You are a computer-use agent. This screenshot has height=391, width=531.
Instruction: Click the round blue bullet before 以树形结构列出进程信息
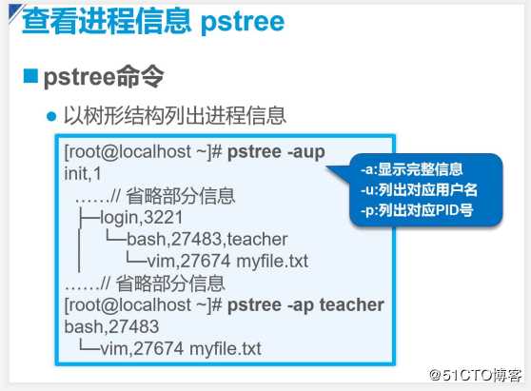tap(52, 117)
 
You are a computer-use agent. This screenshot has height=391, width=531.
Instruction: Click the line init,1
tap(83, 174)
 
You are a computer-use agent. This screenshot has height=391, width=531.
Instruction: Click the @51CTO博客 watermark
tap(476, 376)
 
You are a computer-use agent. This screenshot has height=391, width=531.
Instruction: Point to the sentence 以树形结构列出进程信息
tap(174, 117)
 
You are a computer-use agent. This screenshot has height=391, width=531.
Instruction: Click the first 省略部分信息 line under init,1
tap(154, 196)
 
